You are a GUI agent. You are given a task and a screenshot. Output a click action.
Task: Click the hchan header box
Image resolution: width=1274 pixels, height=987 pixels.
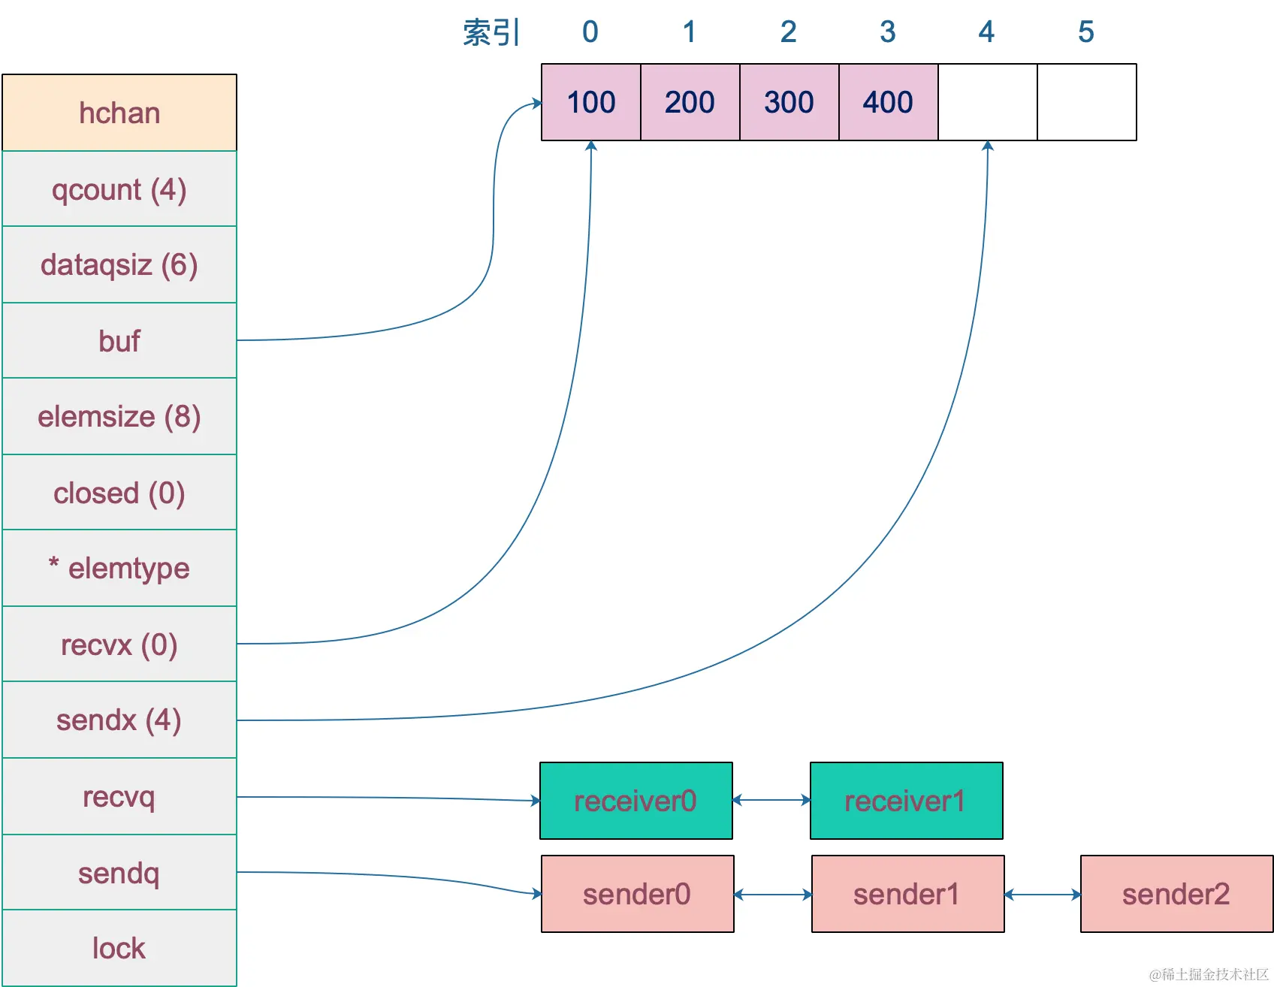coord(119,113)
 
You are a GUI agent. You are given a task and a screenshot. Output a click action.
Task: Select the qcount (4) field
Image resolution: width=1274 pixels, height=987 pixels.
coord(119,189)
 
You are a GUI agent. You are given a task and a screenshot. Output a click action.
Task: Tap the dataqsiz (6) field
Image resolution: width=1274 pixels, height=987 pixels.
coord(119,265)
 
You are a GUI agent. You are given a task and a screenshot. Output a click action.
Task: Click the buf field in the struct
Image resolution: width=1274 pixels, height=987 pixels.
coord(119,341)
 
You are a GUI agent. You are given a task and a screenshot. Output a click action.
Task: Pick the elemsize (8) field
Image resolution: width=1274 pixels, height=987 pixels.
coord(119,417)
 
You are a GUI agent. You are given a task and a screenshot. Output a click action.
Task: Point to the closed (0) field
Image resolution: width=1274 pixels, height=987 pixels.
coord(119,493)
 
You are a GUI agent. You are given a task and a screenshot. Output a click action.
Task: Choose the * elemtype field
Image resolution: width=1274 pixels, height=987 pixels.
coord(119,569)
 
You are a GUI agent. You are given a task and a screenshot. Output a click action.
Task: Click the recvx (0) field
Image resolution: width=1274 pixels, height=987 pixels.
coord(119,644)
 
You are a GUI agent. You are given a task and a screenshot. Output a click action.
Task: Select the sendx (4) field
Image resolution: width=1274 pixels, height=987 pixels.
coord(119,720)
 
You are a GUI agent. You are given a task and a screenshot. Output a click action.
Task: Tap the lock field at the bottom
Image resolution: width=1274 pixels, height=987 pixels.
coord(119,948)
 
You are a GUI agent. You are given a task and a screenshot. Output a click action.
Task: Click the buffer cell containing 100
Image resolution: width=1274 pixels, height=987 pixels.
coord(591,102)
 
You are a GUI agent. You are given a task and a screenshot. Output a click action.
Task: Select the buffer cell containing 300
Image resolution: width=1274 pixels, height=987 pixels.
coord(789,102)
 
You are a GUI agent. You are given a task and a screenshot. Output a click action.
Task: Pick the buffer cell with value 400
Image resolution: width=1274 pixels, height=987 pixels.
coord(888,102)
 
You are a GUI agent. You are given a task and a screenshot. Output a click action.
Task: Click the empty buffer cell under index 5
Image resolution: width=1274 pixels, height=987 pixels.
coord(1086,102)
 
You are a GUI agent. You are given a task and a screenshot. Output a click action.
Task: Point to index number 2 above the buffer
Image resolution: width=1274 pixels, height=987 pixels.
coord(788,32)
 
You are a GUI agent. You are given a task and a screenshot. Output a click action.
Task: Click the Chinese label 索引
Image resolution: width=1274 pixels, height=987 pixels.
coord(491,32)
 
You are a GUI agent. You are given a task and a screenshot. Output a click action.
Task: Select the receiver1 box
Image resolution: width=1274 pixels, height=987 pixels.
coord(906,801)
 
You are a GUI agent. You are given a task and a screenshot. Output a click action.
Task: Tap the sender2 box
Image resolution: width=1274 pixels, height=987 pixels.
coord(1176,894)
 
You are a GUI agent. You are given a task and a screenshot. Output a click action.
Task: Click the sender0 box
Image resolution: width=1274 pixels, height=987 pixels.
coord(637,894)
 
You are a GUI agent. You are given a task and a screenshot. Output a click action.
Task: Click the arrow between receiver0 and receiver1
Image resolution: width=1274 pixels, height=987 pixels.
coord(771,800)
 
